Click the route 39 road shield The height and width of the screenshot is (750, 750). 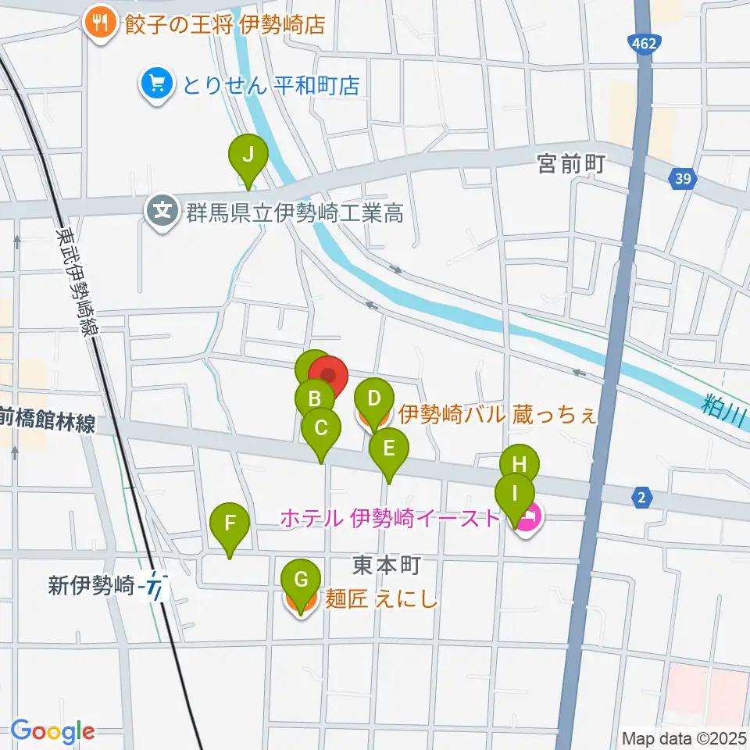tap(683, 180)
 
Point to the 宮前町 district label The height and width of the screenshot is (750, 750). tap(572, 164)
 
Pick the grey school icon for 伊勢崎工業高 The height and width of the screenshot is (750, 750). tap(162, 212)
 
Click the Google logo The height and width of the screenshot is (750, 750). tap(52, 731)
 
